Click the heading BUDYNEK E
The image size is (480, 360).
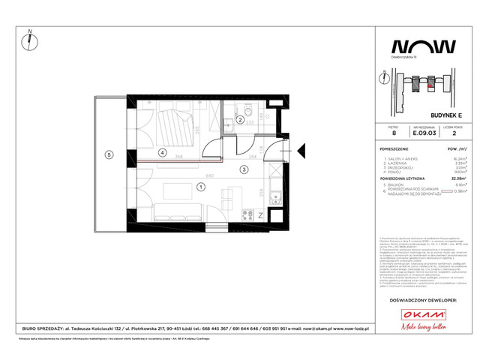[419, 107]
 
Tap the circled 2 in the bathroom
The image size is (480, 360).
[239, 119]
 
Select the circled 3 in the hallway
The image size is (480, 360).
[243, 170]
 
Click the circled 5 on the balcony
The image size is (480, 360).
[109, 155]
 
